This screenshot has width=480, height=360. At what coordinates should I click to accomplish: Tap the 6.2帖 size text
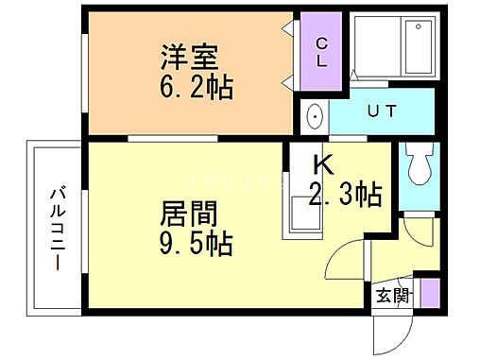(197, 90)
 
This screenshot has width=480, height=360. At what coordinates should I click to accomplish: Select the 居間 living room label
(186, 214)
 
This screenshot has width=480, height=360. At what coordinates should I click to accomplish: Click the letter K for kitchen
(323, 164)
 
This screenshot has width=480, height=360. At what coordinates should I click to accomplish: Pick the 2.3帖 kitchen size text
(345, 196)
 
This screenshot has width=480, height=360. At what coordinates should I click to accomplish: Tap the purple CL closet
(321, 52)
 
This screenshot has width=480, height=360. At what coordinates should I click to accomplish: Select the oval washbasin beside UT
(315, 117)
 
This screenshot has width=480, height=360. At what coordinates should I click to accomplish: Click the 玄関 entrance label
(394, 296)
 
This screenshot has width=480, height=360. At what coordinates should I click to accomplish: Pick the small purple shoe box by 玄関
(429, 292)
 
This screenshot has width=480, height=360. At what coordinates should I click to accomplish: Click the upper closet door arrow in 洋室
(287, 30)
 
